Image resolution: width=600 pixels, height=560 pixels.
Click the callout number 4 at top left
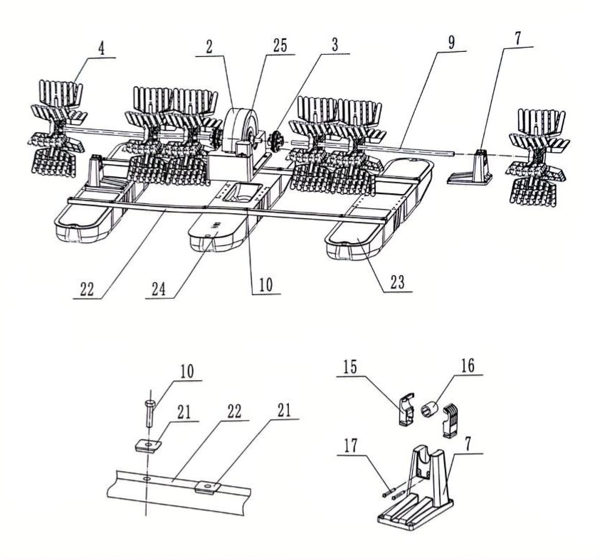coord(101,48)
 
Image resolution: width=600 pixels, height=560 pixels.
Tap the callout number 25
coord(280,45)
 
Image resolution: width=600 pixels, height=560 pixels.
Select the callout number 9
coord(451,43)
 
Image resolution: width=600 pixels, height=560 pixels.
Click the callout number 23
coord(397,282)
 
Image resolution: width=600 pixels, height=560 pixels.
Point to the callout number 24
coord(159,289)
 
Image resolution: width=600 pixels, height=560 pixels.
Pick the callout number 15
coord(350,367)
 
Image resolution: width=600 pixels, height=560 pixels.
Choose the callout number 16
coord(468,365)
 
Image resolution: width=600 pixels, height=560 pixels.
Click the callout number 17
coord(351,446)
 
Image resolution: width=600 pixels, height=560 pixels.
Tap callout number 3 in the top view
coord(335,45)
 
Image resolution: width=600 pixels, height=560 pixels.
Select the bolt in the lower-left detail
coord(150,413)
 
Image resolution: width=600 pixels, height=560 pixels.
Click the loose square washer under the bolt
coord(149,446)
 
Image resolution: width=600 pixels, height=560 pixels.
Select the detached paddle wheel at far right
coord(537,157)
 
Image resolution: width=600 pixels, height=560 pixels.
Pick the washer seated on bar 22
coord(208,487)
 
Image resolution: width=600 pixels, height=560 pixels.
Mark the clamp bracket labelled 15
coord(405,409)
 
